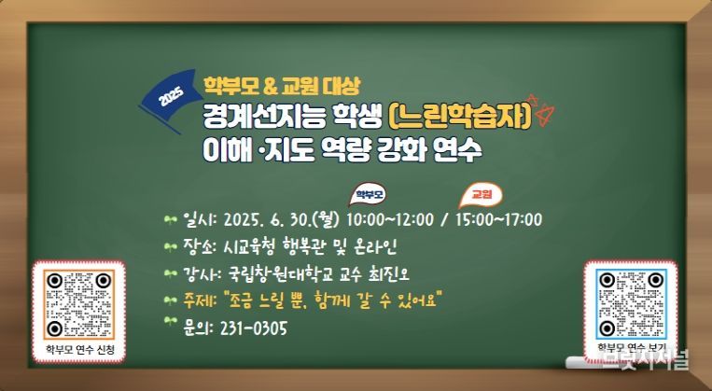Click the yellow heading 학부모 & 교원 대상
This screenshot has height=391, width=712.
tap(282, 86)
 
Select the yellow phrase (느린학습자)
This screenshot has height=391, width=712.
tap(460, 117)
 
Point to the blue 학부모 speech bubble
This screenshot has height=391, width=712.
tap(368, 195)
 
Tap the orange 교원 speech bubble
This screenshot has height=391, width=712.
tap(481, 195)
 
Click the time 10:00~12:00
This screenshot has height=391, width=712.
tap(390, 220)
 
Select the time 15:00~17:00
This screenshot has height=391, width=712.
tap(498, 220)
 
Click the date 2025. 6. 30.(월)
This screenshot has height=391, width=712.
tap(282, 220)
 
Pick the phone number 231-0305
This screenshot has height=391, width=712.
tap(254, 328)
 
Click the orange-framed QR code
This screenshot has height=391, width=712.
tap(79, 305)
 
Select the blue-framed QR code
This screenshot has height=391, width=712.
tap(631, 305)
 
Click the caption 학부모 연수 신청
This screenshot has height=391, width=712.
tap(80, 350)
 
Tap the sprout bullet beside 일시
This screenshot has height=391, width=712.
tap(170, 221)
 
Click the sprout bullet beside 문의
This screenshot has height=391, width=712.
tap(170, 322)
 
